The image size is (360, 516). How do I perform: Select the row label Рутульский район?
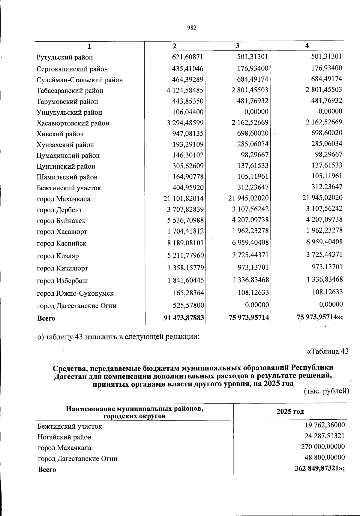64,57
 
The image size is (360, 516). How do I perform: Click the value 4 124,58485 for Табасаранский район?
185,90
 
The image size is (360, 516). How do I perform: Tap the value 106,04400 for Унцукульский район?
188,112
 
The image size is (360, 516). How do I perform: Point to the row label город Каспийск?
61,243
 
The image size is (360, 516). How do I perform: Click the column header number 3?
237,46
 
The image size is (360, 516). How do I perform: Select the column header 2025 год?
290,411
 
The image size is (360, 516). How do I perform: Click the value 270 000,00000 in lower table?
323,446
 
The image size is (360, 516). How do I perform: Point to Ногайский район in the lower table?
64,437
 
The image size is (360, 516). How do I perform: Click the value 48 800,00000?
325,457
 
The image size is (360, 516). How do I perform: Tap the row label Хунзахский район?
65,145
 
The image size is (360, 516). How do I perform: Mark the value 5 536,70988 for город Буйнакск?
185,220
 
